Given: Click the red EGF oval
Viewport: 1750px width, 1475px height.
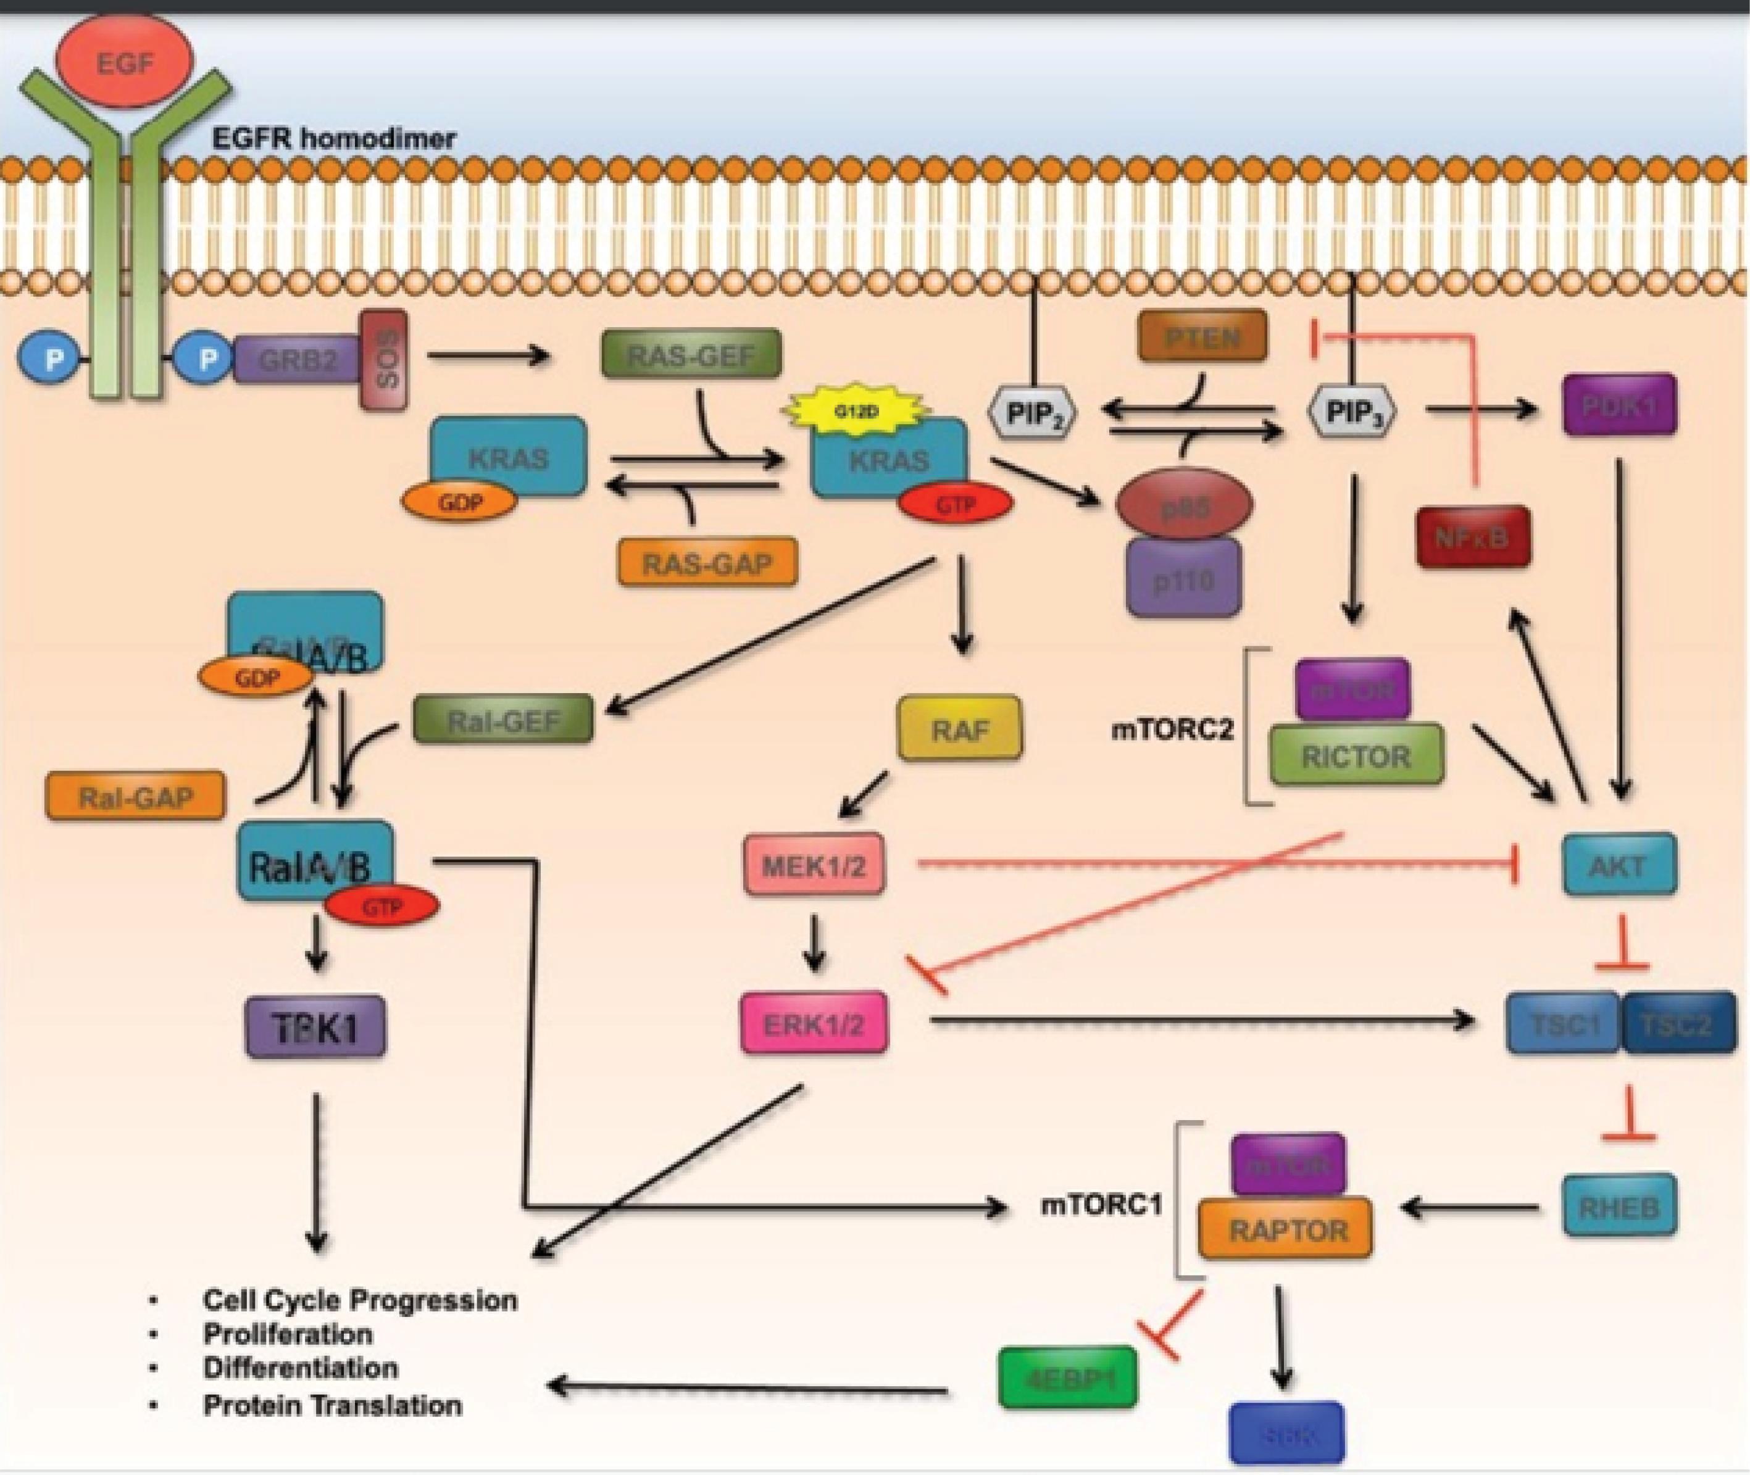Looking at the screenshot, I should (x=123, y=61).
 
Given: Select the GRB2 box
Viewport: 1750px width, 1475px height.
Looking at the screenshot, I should (x=297, y=360).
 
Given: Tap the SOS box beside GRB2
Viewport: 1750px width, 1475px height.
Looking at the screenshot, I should (x=384, y=360).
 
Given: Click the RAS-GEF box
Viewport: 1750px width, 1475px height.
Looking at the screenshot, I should (x=691, y=354).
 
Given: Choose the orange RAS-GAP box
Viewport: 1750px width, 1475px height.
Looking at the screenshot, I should (x=707, y=563).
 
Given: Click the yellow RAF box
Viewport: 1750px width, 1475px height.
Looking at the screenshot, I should (x=960, y=729).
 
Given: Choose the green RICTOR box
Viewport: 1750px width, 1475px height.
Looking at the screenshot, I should (x=1356, y=756).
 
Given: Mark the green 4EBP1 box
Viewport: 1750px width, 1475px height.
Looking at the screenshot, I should (x=1069, y=1377).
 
